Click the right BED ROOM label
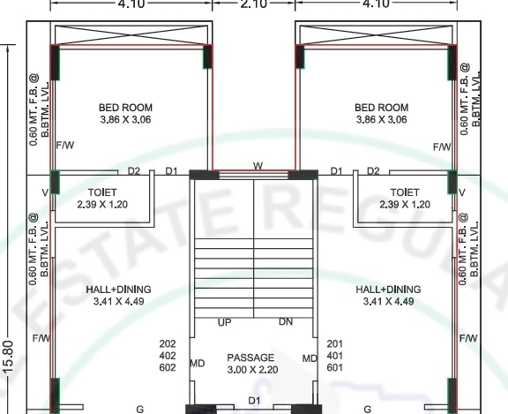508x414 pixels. click(382, 108)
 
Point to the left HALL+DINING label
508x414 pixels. click(118, 289)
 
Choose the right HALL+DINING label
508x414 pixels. click(388, 289)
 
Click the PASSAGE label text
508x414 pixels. click(250, 358)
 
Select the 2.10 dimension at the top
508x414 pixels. click(254, 4)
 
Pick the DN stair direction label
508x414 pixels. click(286, 323)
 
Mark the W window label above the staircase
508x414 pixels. click(258, 166)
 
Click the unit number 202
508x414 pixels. click(168, 343)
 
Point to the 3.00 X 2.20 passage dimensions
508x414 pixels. click(251, 370)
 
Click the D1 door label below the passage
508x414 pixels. click(254, 401)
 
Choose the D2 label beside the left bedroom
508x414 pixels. click(134, 170)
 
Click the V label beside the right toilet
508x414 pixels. click(462, 192)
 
